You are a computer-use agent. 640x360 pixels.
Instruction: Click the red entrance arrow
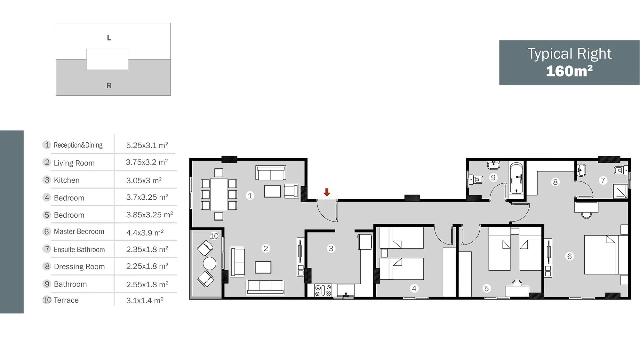326,192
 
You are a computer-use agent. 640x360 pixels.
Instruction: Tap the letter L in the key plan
109,38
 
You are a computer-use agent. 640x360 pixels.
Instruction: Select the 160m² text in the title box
569,71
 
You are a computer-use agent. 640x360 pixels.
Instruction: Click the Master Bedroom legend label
79,231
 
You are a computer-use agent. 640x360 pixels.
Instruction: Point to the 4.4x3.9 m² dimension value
145,233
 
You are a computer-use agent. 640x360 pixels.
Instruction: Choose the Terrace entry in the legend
66,300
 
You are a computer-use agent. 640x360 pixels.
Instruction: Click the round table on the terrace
210,263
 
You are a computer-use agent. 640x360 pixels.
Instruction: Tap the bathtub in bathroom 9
516,178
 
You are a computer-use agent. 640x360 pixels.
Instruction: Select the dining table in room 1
219,194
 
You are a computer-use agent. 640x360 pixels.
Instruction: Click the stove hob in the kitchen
323,291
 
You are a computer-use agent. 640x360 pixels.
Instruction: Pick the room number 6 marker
570,256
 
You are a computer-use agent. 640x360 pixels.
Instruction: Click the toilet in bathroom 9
476,180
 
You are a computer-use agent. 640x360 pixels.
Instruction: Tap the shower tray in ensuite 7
621,191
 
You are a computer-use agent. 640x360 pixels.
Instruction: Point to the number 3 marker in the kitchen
331,248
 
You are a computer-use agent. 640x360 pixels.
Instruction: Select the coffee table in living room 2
263,267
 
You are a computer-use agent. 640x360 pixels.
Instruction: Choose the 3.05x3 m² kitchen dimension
144,180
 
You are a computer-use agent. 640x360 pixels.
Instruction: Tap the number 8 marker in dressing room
556,182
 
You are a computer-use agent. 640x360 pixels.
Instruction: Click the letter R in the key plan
109,85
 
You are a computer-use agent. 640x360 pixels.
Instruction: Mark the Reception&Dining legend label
78,145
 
